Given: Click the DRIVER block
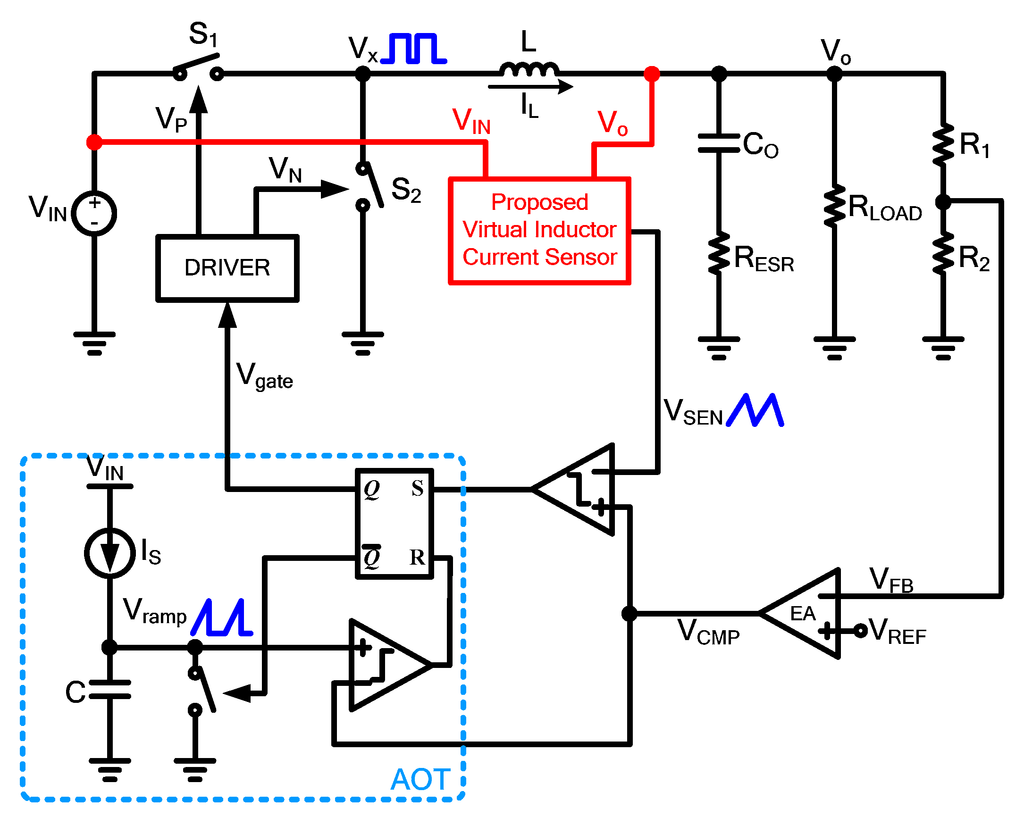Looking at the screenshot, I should click(x=227, y=268).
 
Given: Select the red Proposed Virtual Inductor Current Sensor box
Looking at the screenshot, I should click(x=539, y=231).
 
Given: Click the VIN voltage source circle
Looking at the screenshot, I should click(x=94, y=214).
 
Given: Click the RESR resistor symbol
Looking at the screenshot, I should click(x=718, y=253).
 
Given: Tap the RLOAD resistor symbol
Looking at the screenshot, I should click(x=834, y=206).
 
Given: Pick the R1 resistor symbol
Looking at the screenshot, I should click(x=942, y=144).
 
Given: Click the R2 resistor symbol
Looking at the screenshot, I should click(x=942, y=253).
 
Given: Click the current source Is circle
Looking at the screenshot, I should click(x=109, y=552).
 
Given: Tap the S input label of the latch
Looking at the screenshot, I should click(x=417, y=489).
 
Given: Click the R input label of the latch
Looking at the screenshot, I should click(x=417, y=557).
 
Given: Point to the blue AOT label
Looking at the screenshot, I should click(x=420, y=779).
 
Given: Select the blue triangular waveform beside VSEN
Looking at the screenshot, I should click(x=755, y=410).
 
